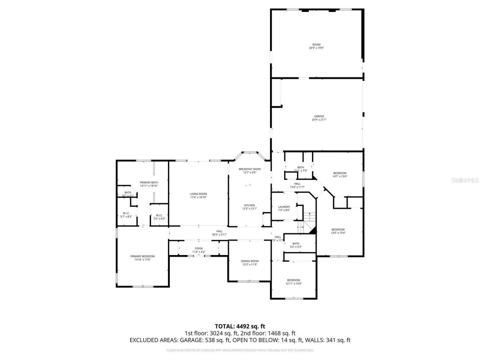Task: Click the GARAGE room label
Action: (x=319, y=116)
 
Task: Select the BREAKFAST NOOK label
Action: (x=250, y=169)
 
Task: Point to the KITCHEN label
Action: (x=250, y=205)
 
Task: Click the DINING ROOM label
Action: (x=250, y=261)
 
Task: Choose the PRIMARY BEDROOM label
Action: (x=142, y=256)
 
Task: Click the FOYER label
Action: (x=199, y=248)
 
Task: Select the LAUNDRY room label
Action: (x=284, y=207)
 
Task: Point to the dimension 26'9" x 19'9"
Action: (x=316, y=48)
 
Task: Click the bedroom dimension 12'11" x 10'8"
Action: (x=294, y=283)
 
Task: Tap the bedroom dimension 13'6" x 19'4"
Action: (x=338, y=233)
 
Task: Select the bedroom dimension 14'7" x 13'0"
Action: (x=340, y=176)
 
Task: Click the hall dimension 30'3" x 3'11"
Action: (x=219, y=235)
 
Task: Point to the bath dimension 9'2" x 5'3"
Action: (x=296, y=247)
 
